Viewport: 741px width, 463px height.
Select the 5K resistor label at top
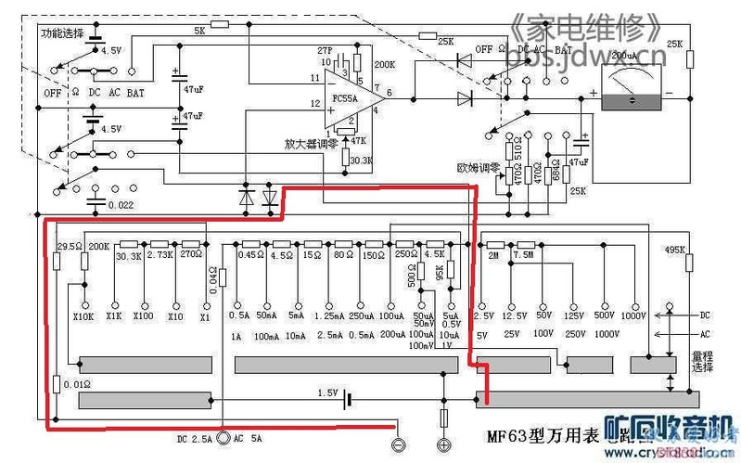[x=199, y=32]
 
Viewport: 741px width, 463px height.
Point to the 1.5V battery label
[x=327, y=393]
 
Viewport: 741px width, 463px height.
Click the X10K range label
[x=83, y=316]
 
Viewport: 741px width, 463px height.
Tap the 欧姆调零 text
[x=479, y=168]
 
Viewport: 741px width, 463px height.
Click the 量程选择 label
[x=702, y=361]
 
